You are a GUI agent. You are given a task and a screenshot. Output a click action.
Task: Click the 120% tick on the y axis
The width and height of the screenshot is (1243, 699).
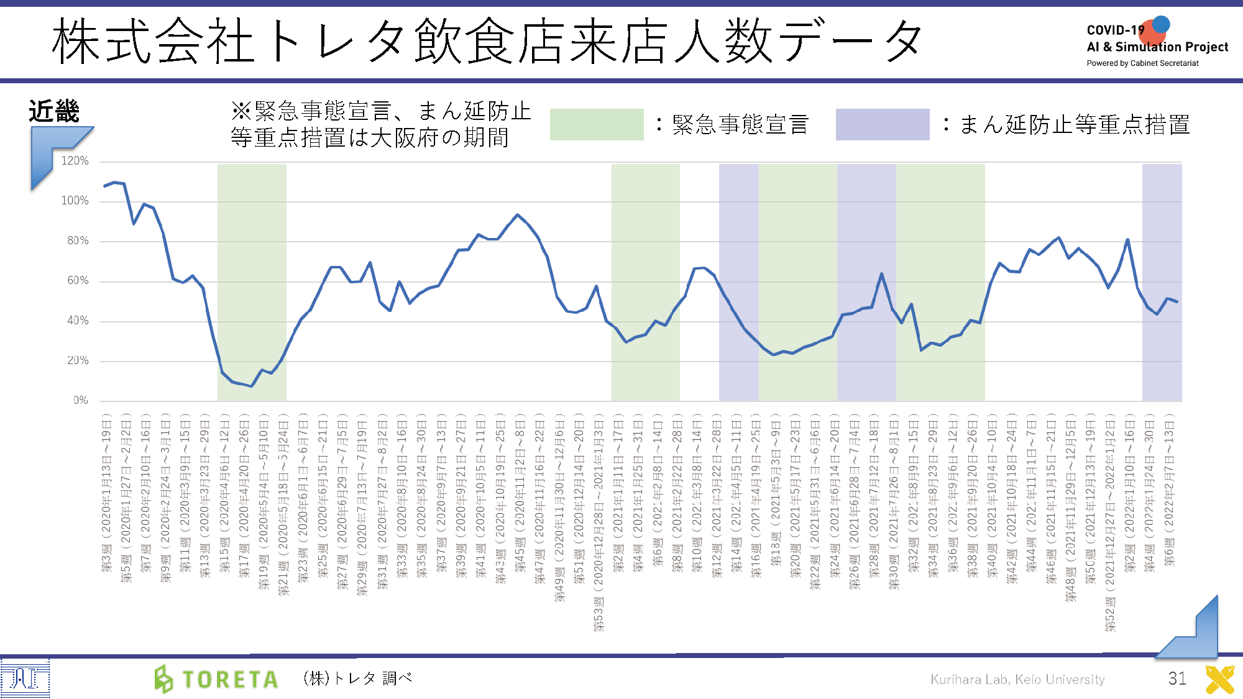pyautogui.click(x=75, y=161)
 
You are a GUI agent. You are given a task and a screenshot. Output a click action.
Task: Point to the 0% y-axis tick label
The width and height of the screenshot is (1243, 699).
pyautogui.click(x=81, y=400)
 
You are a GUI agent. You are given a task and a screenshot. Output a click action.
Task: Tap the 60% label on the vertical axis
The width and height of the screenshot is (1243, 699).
pyautogui.click(x=78, y=281)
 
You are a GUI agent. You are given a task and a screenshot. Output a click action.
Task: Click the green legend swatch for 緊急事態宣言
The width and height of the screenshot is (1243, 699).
pyautogui.click(x=596, y=124)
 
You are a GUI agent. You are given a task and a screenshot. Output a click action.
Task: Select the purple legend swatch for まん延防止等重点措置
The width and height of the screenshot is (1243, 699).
pyautogui.click(x=882, y=124)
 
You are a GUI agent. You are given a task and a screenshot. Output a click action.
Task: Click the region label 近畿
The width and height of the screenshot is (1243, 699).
pyautogui.click(x=54, y=112)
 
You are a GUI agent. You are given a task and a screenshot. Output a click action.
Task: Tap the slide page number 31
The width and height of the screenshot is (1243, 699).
pyautogui.click(x=1177, y=678)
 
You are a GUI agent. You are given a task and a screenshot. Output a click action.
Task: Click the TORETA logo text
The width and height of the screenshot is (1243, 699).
pyautogui.click(x=229, y=680)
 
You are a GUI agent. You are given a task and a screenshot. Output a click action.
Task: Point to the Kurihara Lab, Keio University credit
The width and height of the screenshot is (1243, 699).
pyautogui.click(x=1017, y=680)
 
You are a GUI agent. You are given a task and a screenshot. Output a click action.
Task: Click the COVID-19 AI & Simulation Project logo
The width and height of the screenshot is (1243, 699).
pyautogui.click(x=1156, y=37)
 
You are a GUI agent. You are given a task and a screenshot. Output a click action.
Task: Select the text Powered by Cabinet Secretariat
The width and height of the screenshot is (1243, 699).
pyautogui.click(x=1142, y=63)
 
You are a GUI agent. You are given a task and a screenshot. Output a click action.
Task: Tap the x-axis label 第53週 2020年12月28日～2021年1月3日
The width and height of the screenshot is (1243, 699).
pyautogui.click(x=599, y=522)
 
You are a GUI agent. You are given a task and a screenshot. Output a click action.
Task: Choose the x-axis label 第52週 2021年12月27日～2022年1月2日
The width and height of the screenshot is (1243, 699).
pyautogui.click(x=1110, y=522)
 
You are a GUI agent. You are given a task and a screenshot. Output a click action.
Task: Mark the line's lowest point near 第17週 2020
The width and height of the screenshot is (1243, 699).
pyautogui.click(x=251, y=386)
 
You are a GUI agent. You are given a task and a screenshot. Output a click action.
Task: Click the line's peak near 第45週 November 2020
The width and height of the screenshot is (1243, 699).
pyautogui.click(x=517, y=215)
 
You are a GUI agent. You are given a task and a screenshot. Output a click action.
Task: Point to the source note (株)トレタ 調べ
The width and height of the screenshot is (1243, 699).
pyautogui.click(x=357, y=678)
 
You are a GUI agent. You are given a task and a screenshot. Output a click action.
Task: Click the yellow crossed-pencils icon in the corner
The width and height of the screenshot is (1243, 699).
pyautogui.click(x=1219, y=679)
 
